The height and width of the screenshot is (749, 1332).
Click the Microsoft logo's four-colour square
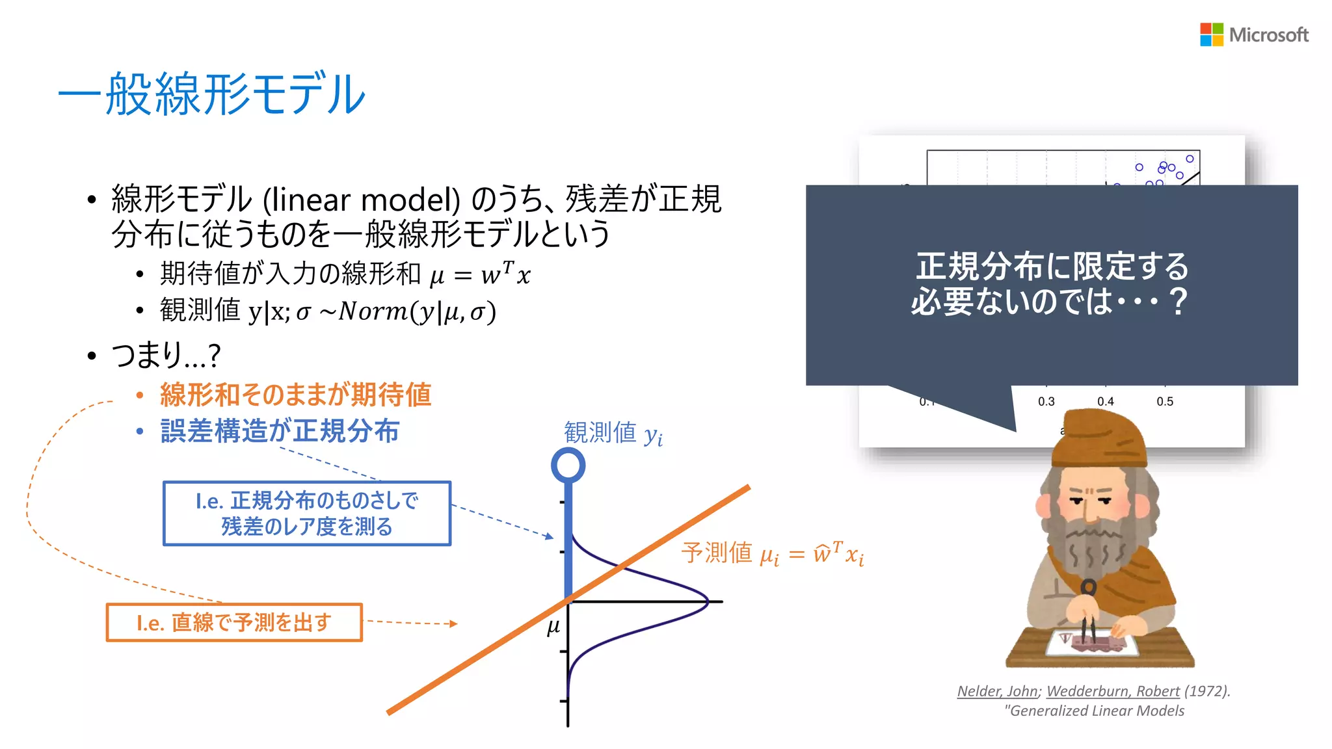1211,34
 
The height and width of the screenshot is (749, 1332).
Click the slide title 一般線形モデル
212,95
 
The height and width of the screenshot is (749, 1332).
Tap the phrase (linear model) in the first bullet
362,200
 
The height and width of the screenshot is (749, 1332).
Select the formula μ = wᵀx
480,274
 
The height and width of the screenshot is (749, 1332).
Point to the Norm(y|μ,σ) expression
417,311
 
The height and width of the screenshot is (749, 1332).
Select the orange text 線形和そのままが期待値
295,395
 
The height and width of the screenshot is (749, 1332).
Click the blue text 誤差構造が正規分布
280,431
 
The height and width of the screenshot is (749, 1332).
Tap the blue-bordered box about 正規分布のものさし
306,513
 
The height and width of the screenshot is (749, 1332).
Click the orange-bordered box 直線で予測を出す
234,622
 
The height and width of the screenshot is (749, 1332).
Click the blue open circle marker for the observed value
568,465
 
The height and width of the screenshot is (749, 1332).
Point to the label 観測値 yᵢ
613,433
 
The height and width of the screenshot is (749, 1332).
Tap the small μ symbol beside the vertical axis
553,627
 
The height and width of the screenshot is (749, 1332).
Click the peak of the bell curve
706,601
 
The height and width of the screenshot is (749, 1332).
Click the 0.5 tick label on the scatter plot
1164,402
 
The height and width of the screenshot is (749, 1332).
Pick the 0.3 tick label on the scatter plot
1046,402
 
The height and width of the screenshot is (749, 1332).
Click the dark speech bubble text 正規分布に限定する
1052,266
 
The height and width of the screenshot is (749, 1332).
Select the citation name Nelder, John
996,691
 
